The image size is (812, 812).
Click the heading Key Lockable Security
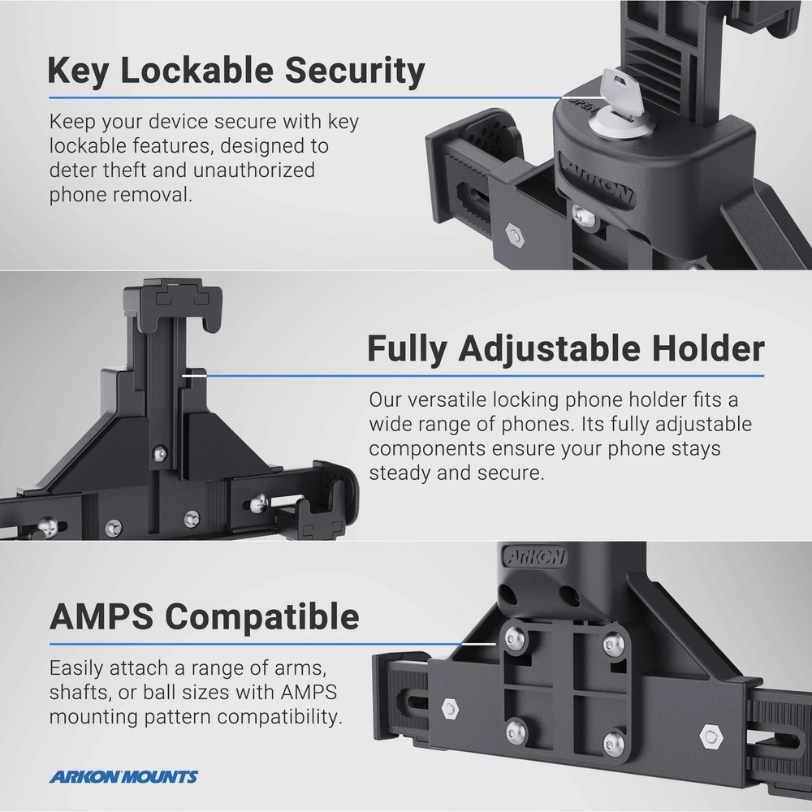(x=236, y=71)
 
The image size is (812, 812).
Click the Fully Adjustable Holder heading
(x=565, y=349)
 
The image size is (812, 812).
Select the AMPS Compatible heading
(x=204, y=617)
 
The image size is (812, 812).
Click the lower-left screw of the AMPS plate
(x=515, y=727)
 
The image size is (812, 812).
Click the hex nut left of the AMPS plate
(x=449, y=708)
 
